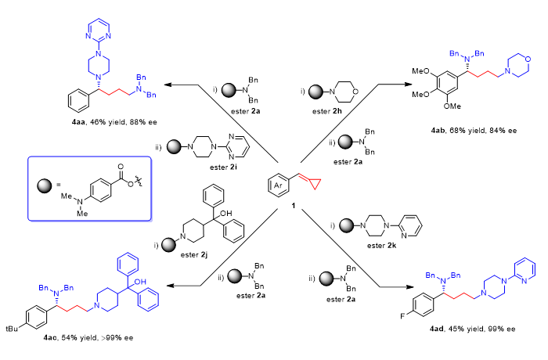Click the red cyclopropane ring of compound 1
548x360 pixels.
click(x=291, y=185)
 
